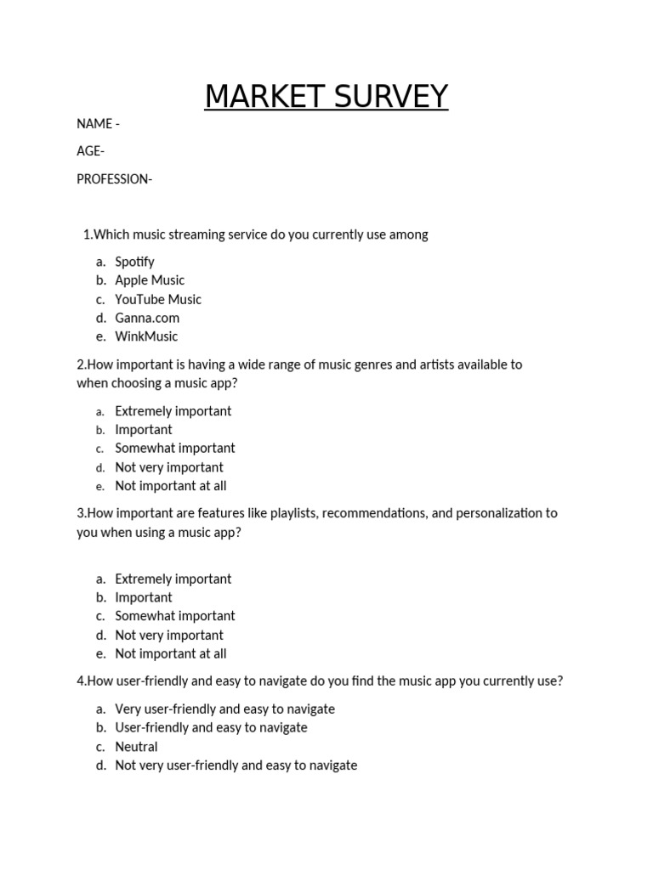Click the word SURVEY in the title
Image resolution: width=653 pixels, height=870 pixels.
pos(389,98)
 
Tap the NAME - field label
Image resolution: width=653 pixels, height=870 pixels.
pos(98,124)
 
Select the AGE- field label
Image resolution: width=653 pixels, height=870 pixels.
pos(91,151)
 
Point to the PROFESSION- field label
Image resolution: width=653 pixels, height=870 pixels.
pos(114,179)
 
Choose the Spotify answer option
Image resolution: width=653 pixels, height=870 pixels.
pos(134,262)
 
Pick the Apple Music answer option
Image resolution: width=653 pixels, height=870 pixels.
pos(150,280)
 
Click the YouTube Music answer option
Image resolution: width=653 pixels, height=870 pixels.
pos(158,299)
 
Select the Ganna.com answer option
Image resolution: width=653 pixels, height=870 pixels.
pos(147,318)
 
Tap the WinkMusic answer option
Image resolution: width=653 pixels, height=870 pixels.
pos(146,336)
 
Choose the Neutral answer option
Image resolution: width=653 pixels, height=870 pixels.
pos(136,747)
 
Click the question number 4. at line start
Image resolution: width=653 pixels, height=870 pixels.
pos(81,681)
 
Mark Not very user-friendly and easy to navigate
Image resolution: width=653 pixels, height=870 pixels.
pos(236,765)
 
